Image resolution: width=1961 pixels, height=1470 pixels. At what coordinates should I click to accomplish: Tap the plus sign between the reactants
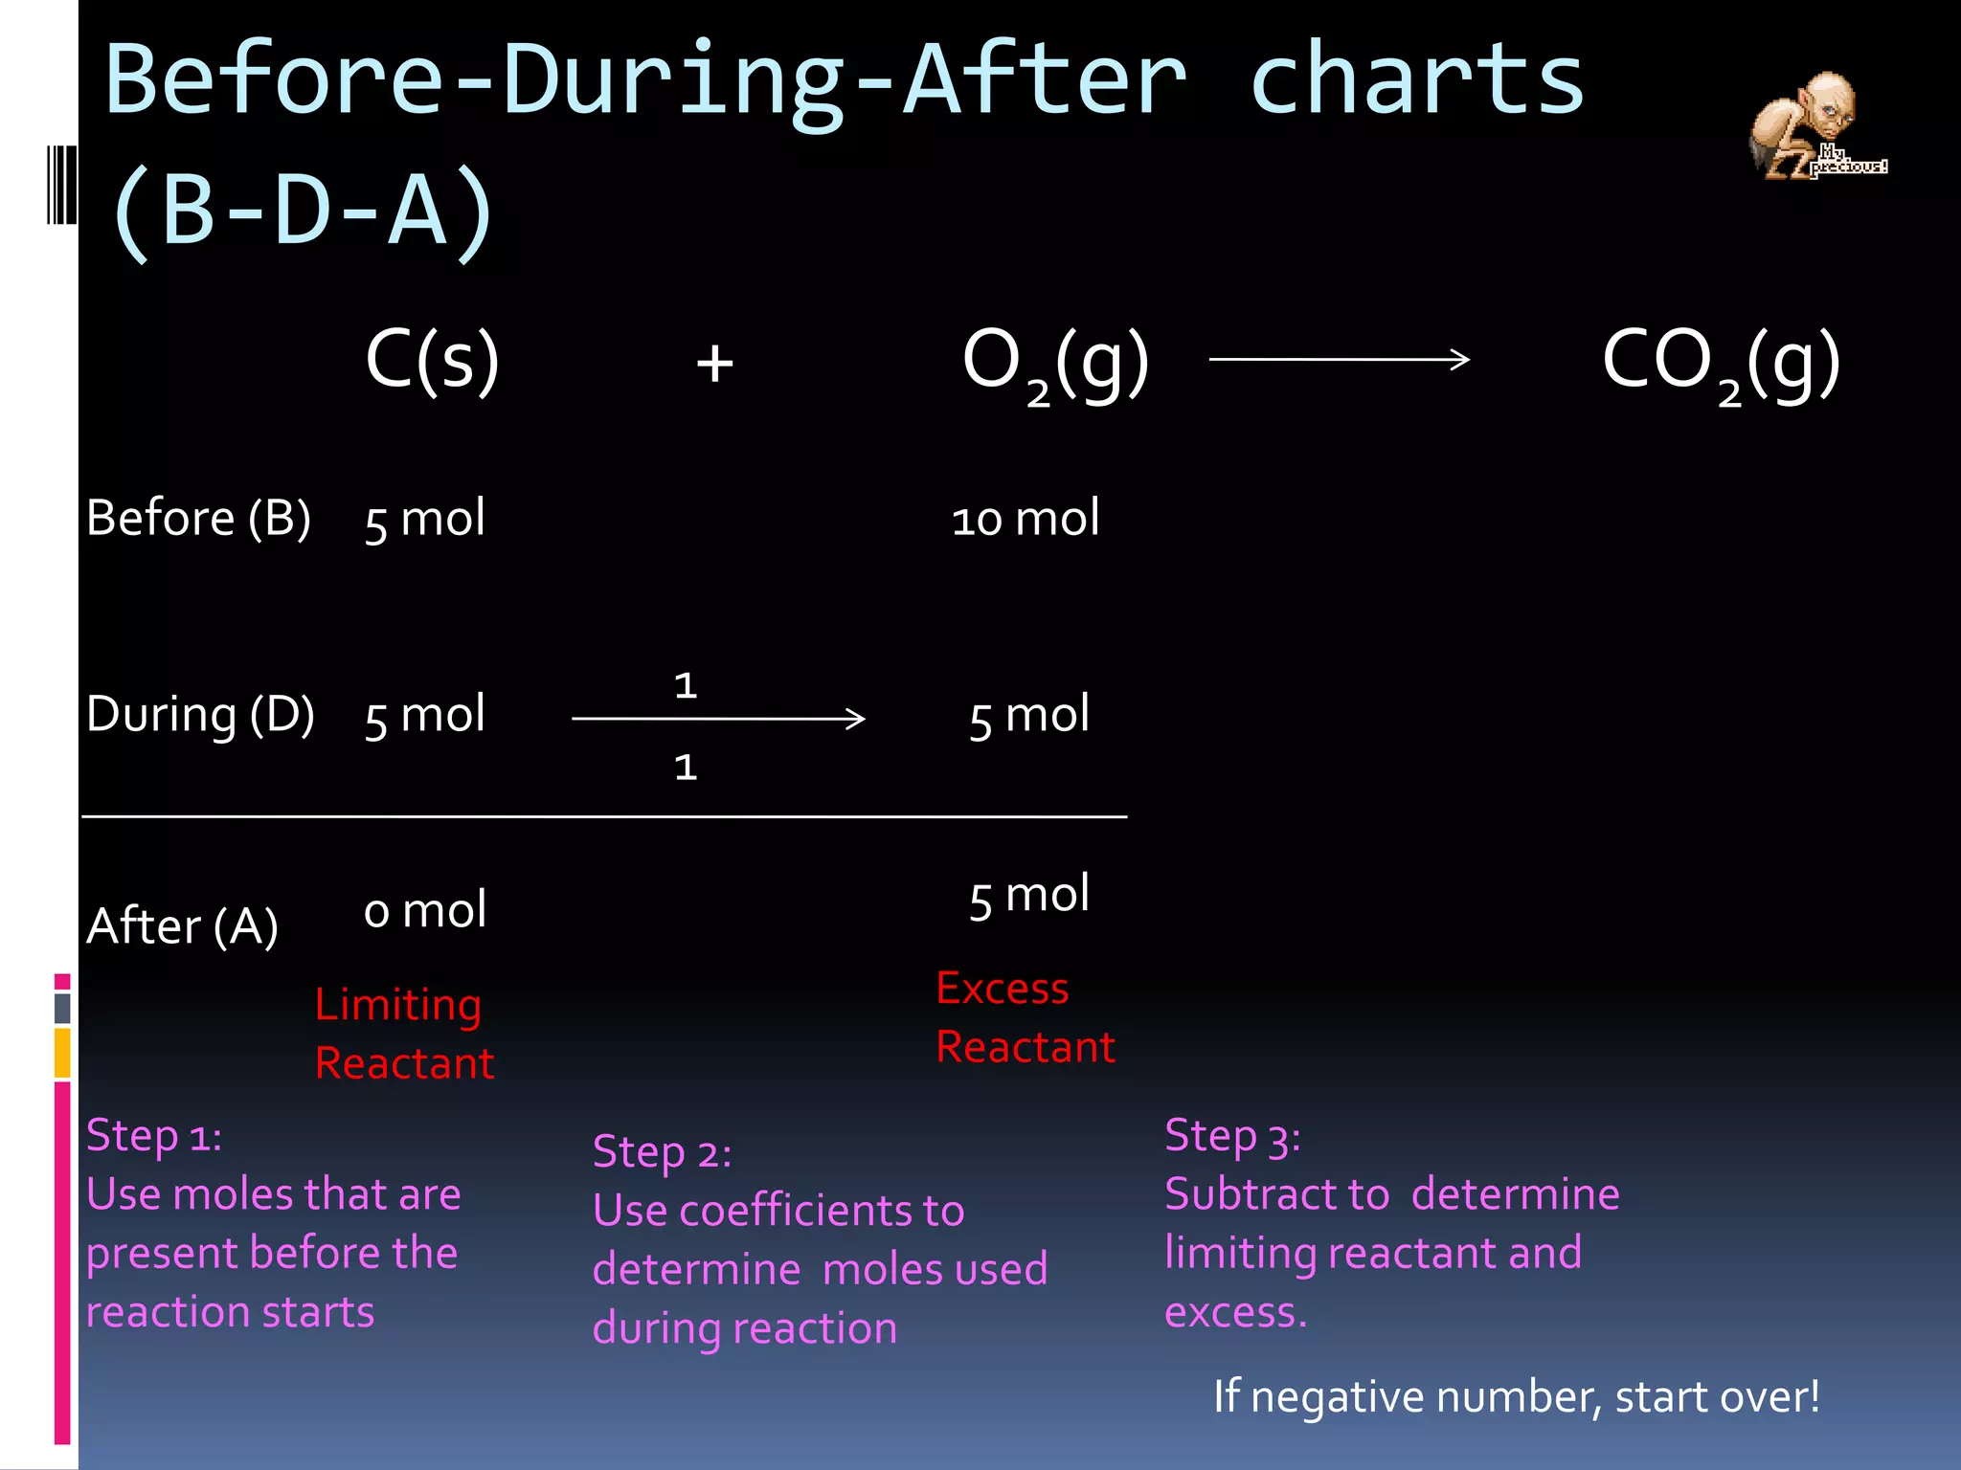(714, 364)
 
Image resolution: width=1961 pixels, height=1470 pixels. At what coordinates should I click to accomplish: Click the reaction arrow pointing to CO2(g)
(1339, 360)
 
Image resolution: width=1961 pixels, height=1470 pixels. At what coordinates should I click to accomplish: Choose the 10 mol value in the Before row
(1025, 519)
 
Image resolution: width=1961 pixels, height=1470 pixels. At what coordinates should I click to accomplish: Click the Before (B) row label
(198, 519)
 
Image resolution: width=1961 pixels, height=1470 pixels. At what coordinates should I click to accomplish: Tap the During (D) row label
(200, 715)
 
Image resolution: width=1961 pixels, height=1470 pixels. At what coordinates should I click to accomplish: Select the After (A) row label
(182, 926)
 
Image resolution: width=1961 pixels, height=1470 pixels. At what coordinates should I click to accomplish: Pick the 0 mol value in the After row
(424, 910)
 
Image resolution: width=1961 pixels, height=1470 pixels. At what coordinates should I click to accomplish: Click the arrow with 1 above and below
(718, 719)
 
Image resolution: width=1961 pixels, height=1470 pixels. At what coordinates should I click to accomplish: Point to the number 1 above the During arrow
(686, 685)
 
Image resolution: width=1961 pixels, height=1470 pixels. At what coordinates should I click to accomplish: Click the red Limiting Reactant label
(403, 1034)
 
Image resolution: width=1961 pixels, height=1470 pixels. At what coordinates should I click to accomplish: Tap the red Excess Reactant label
(1025, 1017)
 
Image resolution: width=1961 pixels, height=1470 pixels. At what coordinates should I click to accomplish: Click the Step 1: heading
(153, 1136)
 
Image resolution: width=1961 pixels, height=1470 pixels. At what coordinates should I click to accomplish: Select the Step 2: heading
(662, 1152)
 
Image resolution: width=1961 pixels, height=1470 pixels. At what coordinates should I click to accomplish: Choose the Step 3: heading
(1232, 1136)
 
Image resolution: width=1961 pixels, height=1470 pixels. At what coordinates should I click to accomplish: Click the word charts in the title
(1417, 80)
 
